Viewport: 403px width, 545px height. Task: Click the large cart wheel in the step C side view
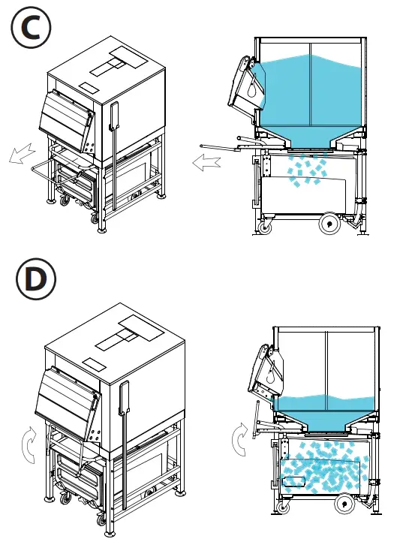coord(329,222)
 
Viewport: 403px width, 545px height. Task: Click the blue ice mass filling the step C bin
coord(311,90)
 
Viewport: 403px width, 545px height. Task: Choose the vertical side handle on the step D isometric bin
coord(123,409)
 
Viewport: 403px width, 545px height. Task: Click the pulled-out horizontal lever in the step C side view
coord(225,145)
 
